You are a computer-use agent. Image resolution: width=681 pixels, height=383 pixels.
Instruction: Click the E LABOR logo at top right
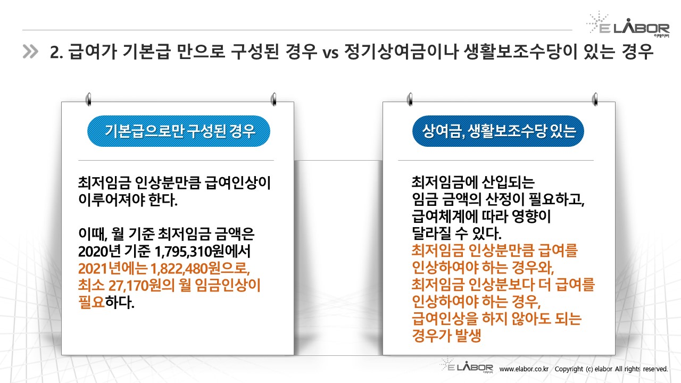pos(628,24)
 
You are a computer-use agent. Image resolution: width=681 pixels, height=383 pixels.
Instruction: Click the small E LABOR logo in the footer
pos(467,365)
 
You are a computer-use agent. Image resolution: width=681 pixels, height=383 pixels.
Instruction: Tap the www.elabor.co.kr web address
pos(524,369)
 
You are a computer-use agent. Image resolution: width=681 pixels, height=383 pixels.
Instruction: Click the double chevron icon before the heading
pos(30,52)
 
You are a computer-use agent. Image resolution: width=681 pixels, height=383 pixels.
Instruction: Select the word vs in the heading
pos(331,53)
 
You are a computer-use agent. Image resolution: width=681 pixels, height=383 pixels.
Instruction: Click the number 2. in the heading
pos(56,52)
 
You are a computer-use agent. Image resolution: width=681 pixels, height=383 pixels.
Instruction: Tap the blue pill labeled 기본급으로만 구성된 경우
pos(179,131)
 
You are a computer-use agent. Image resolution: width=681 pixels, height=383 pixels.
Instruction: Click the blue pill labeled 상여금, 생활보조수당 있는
pos(499,131)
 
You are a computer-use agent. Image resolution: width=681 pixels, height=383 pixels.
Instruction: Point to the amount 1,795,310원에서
pos(203,252)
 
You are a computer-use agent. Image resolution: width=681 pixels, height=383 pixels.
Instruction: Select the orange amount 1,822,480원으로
pos(200,269)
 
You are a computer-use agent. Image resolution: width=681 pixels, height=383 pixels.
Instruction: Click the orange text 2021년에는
pos(113,269)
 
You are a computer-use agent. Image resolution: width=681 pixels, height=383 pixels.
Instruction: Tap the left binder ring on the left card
pos(88,99)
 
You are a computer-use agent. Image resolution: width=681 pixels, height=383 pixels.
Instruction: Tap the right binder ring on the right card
pos(595,99)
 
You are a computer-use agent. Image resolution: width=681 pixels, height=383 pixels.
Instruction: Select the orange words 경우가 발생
pos(446,336)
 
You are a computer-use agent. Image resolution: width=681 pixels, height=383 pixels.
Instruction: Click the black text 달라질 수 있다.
pos(456,234)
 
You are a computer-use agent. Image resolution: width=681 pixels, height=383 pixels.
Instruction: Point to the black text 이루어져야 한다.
pos(128,199)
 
